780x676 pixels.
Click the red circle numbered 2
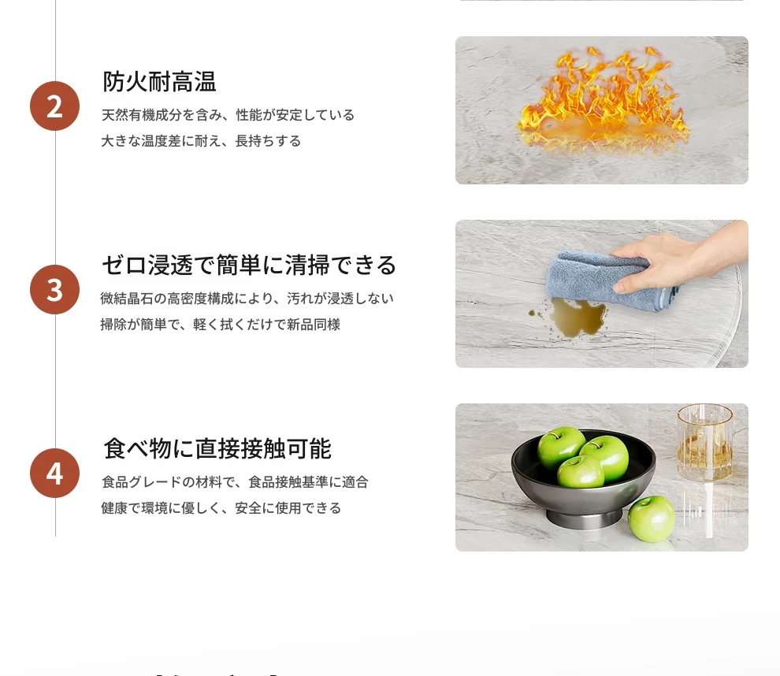click(54, 106)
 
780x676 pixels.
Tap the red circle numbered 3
click(54, 289)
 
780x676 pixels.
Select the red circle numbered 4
click(54, 473)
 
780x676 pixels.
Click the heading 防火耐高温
click(159, 82)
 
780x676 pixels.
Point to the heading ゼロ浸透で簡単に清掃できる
click(249, 265)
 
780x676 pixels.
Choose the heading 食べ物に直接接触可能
click(217, 448)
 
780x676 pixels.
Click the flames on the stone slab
click(603, 99)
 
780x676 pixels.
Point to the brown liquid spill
click(572, 318)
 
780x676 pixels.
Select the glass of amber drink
click(705, 443)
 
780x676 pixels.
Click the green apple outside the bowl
click(651, 518)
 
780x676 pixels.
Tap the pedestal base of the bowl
click(584, 518)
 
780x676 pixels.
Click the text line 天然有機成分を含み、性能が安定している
click(228, 115)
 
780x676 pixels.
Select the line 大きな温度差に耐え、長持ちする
click(201, 141)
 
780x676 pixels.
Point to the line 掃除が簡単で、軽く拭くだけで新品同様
click(221, 325)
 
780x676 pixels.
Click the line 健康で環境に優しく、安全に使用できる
click(221, 508)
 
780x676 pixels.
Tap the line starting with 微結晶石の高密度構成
click(247, 299)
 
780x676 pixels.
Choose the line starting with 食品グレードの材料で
click(235, 482)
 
